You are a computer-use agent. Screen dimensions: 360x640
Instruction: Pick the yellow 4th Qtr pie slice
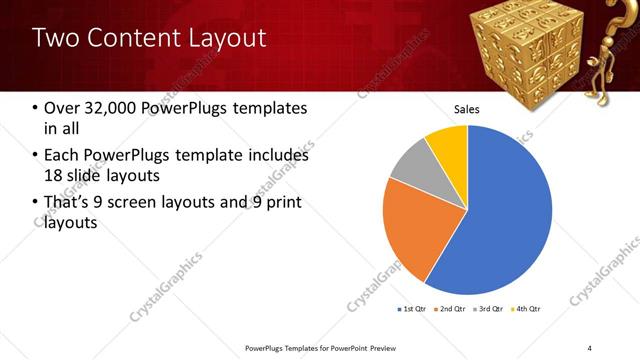tap(449, 146)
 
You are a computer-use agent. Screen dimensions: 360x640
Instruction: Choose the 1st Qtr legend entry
tap(412, 309)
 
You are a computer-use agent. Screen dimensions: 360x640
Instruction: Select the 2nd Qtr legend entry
tap(451, 309)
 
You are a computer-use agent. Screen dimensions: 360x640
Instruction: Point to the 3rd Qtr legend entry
tap(489, 309)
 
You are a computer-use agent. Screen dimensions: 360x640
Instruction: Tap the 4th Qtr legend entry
tap(526, 309)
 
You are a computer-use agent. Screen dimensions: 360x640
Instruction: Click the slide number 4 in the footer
tap(590, 347)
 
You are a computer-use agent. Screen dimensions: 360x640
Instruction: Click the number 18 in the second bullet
tap(55, 176)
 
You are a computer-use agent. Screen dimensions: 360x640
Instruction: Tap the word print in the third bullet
tap(281, 203)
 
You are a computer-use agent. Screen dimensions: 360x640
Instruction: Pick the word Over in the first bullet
tap(62, 108)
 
